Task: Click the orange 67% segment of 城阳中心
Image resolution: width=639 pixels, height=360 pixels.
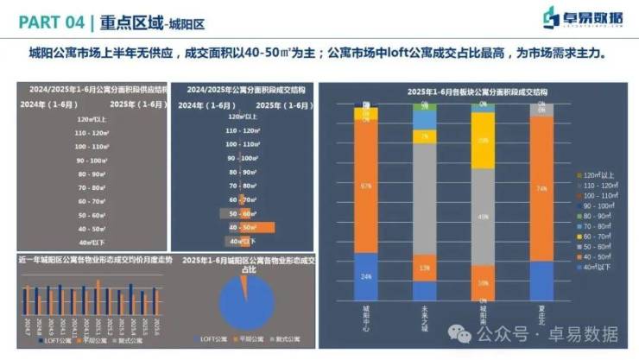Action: pos(366,185)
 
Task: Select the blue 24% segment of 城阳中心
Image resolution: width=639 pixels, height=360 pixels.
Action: pos(366,276)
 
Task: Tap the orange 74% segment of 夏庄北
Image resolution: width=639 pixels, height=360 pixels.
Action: pos(541,188)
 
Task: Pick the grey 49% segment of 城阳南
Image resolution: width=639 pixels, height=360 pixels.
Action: pos(483,216)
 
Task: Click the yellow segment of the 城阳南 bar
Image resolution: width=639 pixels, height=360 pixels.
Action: pos(483,140)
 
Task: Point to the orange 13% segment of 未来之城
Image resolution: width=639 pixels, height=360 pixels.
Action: pos(424,268)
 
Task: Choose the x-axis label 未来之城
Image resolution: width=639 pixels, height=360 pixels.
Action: pos(424,315)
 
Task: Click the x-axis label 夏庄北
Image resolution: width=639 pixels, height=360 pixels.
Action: pos(541,313)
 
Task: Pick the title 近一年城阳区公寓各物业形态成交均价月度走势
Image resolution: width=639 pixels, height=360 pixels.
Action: pos(95,259)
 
